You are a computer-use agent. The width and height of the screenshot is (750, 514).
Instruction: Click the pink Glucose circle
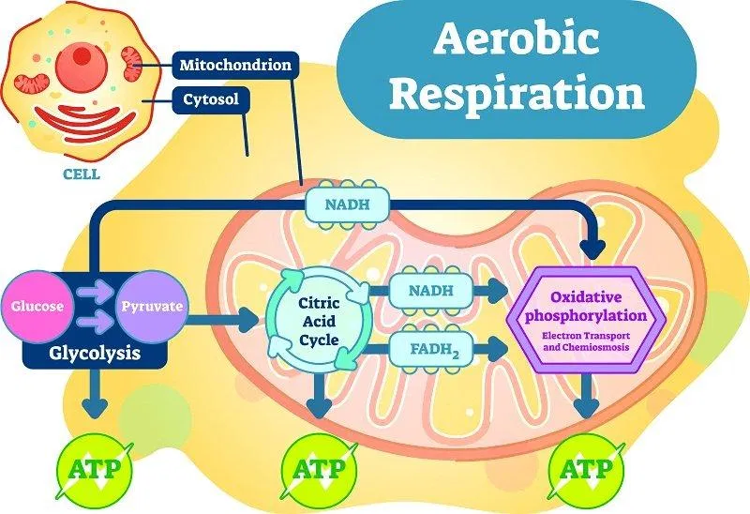click(37, 307)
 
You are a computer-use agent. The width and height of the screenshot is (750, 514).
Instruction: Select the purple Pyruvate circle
click(152, 307)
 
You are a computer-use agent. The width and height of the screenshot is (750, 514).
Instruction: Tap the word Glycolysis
click(95, 354)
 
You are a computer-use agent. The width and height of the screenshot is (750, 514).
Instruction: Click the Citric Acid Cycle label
click(319, 321)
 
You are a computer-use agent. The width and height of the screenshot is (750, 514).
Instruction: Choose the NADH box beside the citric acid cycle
click(431, 291)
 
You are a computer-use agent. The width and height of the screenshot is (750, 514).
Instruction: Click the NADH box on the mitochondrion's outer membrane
click(348, 204)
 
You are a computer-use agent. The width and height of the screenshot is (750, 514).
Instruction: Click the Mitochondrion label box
click(235, 65)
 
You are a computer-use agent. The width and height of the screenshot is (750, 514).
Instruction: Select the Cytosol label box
click(211, 100)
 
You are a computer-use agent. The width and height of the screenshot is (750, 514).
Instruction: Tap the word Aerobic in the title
click(517, 38)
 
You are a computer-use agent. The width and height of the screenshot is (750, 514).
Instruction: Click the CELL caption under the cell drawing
click(82, 174)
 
